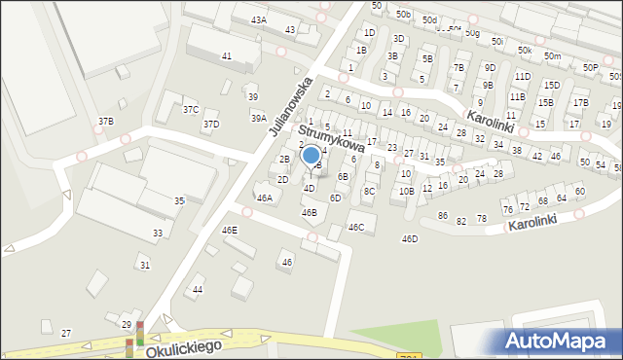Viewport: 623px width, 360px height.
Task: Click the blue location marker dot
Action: tap(311, 154)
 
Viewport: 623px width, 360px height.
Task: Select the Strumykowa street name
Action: tap(331, 140)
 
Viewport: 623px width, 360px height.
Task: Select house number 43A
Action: tap(258, 19)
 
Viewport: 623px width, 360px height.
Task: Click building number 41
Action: tap(227, 56)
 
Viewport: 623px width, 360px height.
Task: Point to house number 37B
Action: tap(105, 121)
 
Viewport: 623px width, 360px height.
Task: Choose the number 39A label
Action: tap(258, 118)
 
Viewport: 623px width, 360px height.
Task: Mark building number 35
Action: tap(179, 200)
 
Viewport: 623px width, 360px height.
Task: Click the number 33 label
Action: tap(158, 233)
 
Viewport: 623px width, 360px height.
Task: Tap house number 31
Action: tap(144, 265)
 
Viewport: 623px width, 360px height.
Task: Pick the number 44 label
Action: tap(198, 290)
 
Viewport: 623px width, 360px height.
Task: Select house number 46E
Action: tap(230, 230)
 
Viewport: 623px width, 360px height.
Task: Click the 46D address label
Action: tap(410, 238)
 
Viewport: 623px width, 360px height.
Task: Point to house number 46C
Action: tap(356, 228)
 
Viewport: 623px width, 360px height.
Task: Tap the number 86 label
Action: tap(442, 215)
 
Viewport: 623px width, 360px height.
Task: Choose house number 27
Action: tap(66, 333)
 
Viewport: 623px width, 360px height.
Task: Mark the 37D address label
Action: tap(210, 125)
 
